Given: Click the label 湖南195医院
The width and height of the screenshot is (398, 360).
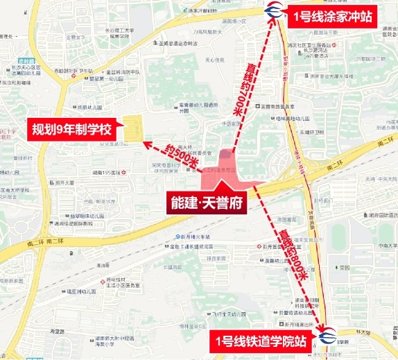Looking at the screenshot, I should pos(107,172).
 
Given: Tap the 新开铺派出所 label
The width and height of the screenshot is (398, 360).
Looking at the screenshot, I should pos(295,325).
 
